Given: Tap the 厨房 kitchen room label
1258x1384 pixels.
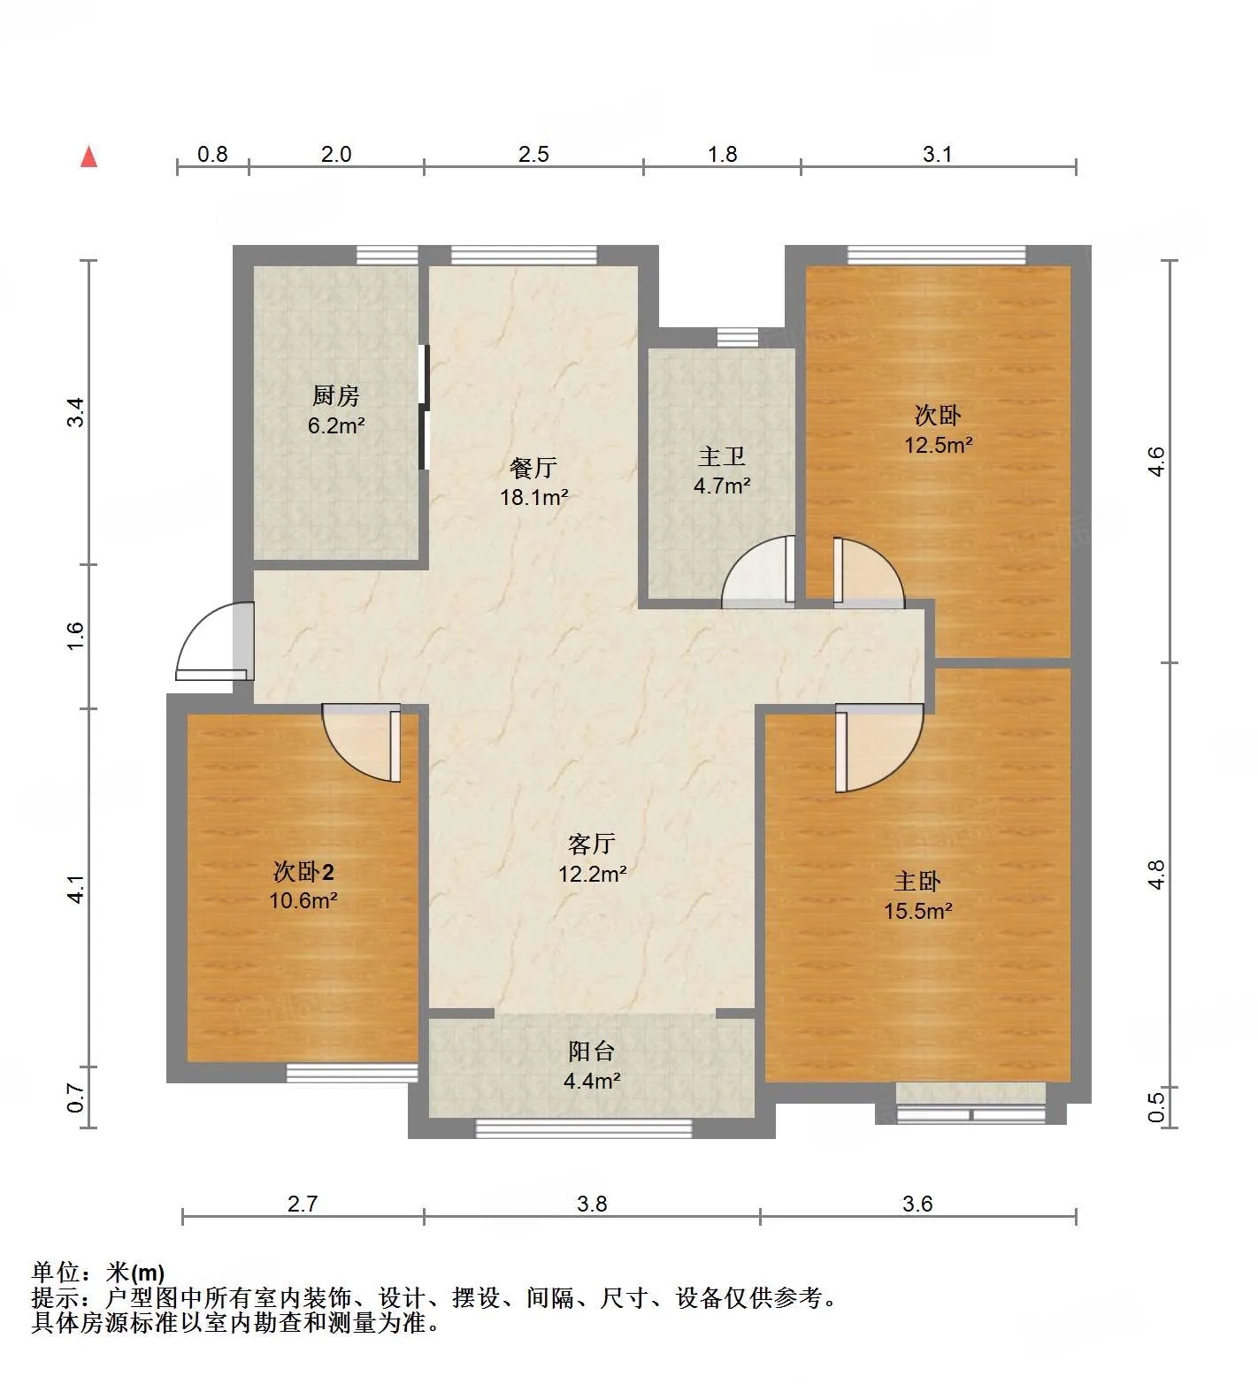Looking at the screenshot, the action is tap(336, 395).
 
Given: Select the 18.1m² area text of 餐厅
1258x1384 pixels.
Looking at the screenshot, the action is tap(533, 497).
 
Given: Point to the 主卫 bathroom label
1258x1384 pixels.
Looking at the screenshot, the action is tap(722, 456).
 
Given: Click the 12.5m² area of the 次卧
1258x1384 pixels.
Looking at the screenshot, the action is tap(938, 444).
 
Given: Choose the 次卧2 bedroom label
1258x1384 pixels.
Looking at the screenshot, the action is tap(303, 872).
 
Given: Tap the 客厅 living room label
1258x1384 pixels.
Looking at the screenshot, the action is tap(592, 845).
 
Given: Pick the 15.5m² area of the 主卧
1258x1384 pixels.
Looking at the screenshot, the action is tap(918, 910).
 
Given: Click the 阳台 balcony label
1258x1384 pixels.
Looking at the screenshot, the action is tap(592, 1051).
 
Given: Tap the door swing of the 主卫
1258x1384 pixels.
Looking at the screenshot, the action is tap(758, 572).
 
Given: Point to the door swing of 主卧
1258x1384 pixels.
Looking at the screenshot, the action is tap(879, 748).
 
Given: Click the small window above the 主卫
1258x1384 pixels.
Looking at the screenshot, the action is tap(738, 337).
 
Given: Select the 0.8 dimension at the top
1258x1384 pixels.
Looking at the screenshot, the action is tap(212, 154).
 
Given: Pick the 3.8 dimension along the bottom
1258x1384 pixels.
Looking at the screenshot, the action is tap(592, 1204).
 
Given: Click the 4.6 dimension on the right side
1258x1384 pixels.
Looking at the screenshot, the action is tap(1155, 461).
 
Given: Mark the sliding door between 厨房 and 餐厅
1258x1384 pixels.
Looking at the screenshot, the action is tap(424, 407).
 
